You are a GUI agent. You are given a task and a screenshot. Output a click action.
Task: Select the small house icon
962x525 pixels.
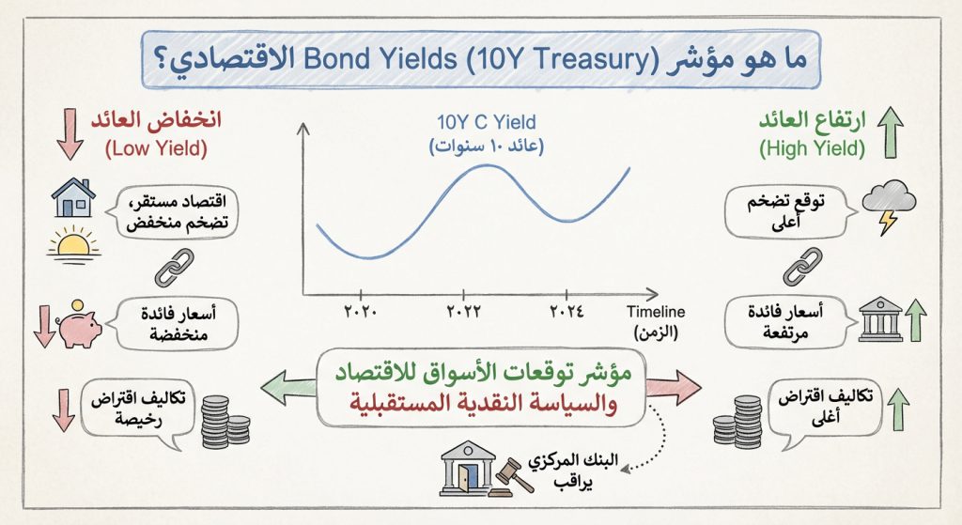click(72, 198)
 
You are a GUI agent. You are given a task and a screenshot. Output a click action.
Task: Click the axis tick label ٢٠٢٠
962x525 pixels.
click(359, 311)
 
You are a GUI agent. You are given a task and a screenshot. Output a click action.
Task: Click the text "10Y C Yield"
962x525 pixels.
click(487, 123)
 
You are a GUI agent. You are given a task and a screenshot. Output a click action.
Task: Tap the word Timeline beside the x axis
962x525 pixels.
click(656, 312)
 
